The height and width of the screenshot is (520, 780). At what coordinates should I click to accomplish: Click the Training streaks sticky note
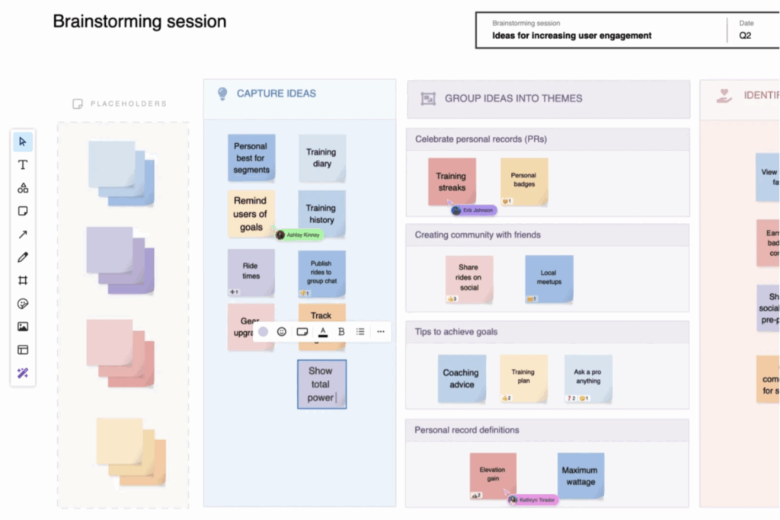[x=451, y=181]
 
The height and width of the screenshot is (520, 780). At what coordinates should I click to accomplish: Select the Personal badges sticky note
[x=523, y=180]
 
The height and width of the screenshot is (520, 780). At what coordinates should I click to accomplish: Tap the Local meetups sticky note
[x=548, y=278]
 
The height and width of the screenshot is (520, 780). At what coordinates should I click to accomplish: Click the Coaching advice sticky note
[x=461, y=378]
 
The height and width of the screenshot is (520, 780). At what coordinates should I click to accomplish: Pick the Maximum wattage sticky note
[x=580, y=476]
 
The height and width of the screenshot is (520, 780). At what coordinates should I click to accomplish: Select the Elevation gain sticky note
[x=492, y=475]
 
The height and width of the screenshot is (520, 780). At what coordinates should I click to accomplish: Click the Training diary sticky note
[x=321, y=158]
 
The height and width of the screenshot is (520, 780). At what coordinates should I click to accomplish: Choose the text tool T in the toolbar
[x=23, y=164]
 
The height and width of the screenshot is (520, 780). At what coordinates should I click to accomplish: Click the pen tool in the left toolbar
[x=23, y=257]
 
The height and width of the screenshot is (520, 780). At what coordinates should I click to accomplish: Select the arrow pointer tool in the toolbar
[x=23, y=142]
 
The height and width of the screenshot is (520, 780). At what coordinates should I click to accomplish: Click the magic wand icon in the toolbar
[x=23, y=373]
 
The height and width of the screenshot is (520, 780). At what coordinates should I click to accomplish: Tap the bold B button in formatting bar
[x=341, y=332]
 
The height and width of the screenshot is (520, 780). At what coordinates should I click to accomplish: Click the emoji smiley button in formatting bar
[x=282, y=332]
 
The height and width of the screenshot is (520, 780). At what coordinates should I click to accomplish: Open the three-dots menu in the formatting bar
[x=381, y=332]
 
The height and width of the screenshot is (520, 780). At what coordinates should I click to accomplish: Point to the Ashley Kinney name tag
[x=302, y=235]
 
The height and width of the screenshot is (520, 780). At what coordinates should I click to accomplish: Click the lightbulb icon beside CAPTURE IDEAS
[x=222, y=94]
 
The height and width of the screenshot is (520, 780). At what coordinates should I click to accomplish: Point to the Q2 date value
[x=745, y=35]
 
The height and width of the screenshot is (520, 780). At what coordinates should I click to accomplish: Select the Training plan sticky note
[x=523, y=377]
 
